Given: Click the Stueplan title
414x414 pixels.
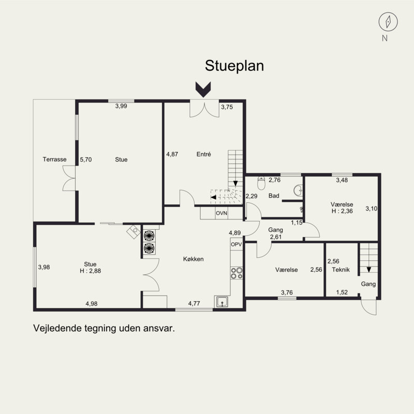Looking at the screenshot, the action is [x=234, y=66].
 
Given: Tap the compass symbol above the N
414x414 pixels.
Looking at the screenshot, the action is [x=388, y=22].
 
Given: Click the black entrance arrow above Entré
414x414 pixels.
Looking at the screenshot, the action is [x=203, y=89].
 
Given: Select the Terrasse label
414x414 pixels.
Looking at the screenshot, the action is [x=55, y=159].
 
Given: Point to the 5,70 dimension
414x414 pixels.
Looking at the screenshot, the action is [x=86, y=159].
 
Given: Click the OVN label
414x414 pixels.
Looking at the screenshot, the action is [x=221, y=213].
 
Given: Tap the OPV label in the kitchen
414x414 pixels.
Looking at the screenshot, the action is [x=236, y=244].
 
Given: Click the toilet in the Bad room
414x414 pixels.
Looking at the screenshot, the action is [x=261, y=183].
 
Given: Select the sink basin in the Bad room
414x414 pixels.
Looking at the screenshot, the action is [x=298, y=190].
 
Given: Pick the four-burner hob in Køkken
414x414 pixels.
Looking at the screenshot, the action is [x=236, y=273].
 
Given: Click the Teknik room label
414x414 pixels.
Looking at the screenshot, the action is [x=341, y=270].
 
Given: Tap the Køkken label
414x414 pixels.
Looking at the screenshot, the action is [x=193, y=259].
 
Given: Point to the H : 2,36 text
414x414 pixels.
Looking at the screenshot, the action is [x=342, y=211].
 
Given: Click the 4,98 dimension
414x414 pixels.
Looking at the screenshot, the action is [x=92, y=304].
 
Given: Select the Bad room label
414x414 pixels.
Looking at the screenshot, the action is [x=274, y=196].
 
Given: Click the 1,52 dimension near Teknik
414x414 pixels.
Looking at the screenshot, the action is [x=342, y=292].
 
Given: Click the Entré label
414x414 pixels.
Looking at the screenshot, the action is [x=203, y=154].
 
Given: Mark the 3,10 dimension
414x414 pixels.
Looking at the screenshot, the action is [x=372, y=209].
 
